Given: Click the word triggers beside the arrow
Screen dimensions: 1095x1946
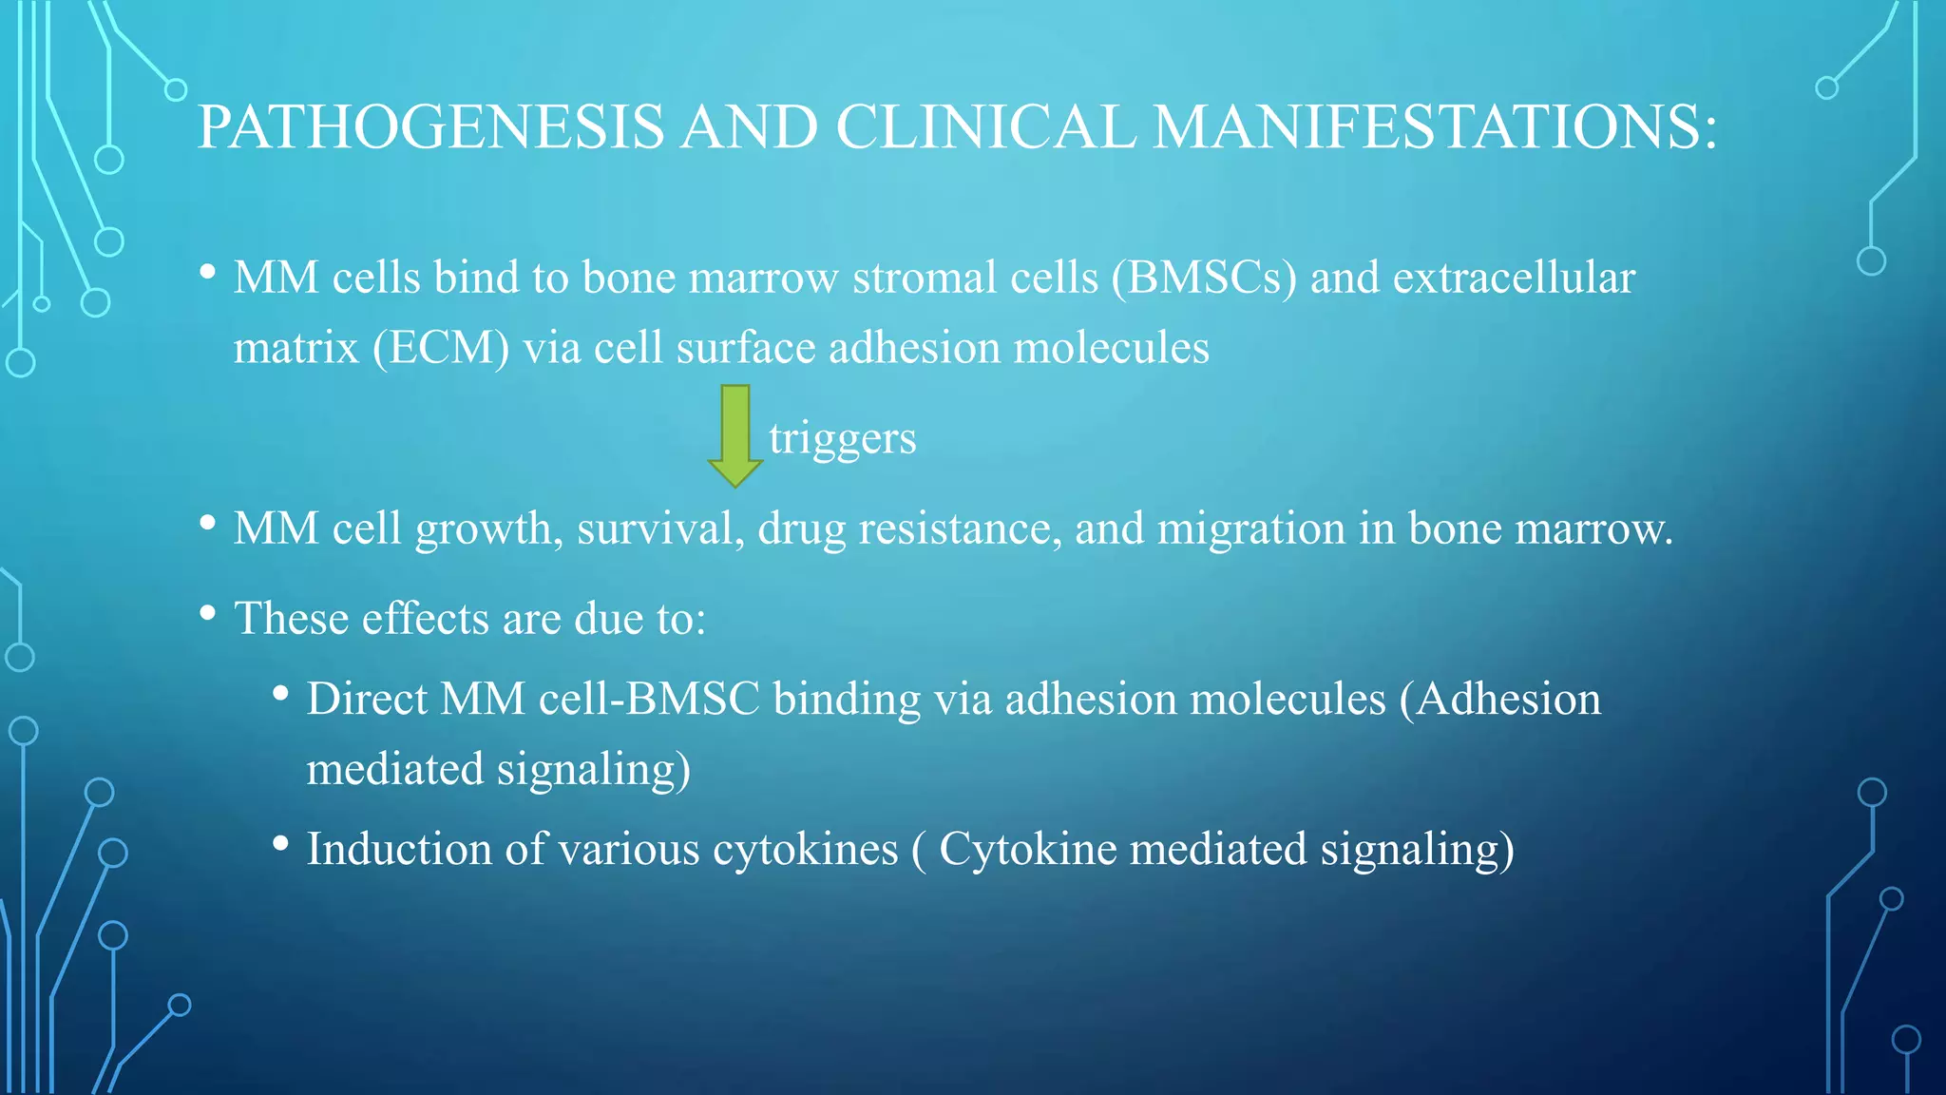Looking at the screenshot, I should click(x=842, y=439).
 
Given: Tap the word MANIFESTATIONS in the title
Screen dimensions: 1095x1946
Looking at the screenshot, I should click(x=1435, y=126).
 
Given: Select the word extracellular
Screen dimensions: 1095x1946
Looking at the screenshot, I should click(x=1514, y=279).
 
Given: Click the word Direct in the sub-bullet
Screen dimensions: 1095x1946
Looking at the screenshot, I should click(x=367, y=700).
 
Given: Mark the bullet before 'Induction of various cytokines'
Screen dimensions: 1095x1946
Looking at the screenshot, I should click(x=280, y=843).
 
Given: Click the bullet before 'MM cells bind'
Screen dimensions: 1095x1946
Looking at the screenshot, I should click(x=208, y=273).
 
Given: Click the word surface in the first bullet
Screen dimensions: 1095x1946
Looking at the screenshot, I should click(x=746, y=348).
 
